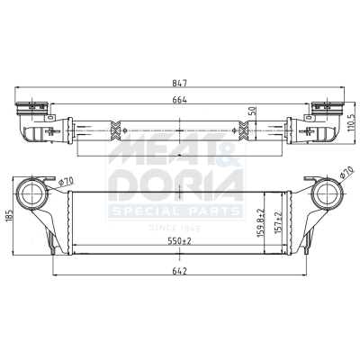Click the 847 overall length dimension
tap(180, 83)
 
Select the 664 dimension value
tap(180, 100)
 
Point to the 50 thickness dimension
tap(253, 111)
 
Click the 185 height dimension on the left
tap(8, 215)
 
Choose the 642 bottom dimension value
tap(180, 271)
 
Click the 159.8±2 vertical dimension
tap(260, 223)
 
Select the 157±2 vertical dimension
tap(278, 223)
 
